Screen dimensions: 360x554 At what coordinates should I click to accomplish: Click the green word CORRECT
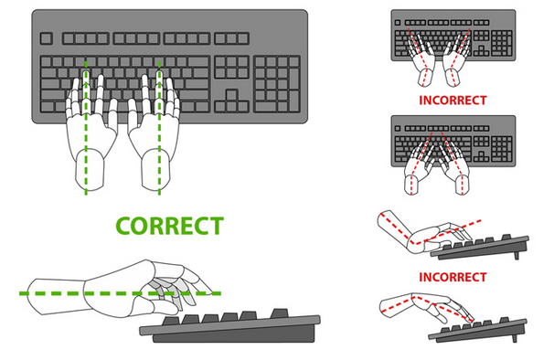168,224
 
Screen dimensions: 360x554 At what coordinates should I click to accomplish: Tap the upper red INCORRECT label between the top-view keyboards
452,100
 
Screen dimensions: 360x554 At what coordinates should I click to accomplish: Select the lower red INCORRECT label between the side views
452,276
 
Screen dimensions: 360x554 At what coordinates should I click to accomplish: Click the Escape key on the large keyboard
47,39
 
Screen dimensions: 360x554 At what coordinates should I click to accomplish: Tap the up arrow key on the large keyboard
231,95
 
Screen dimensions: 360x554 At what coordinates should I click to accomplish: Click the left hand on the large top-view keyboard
90,119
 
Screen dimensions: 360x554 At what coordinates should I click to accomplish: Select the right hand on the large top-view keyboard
153,119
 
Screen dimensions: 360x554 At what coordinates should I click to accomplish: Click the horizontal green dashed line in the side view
55,292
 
